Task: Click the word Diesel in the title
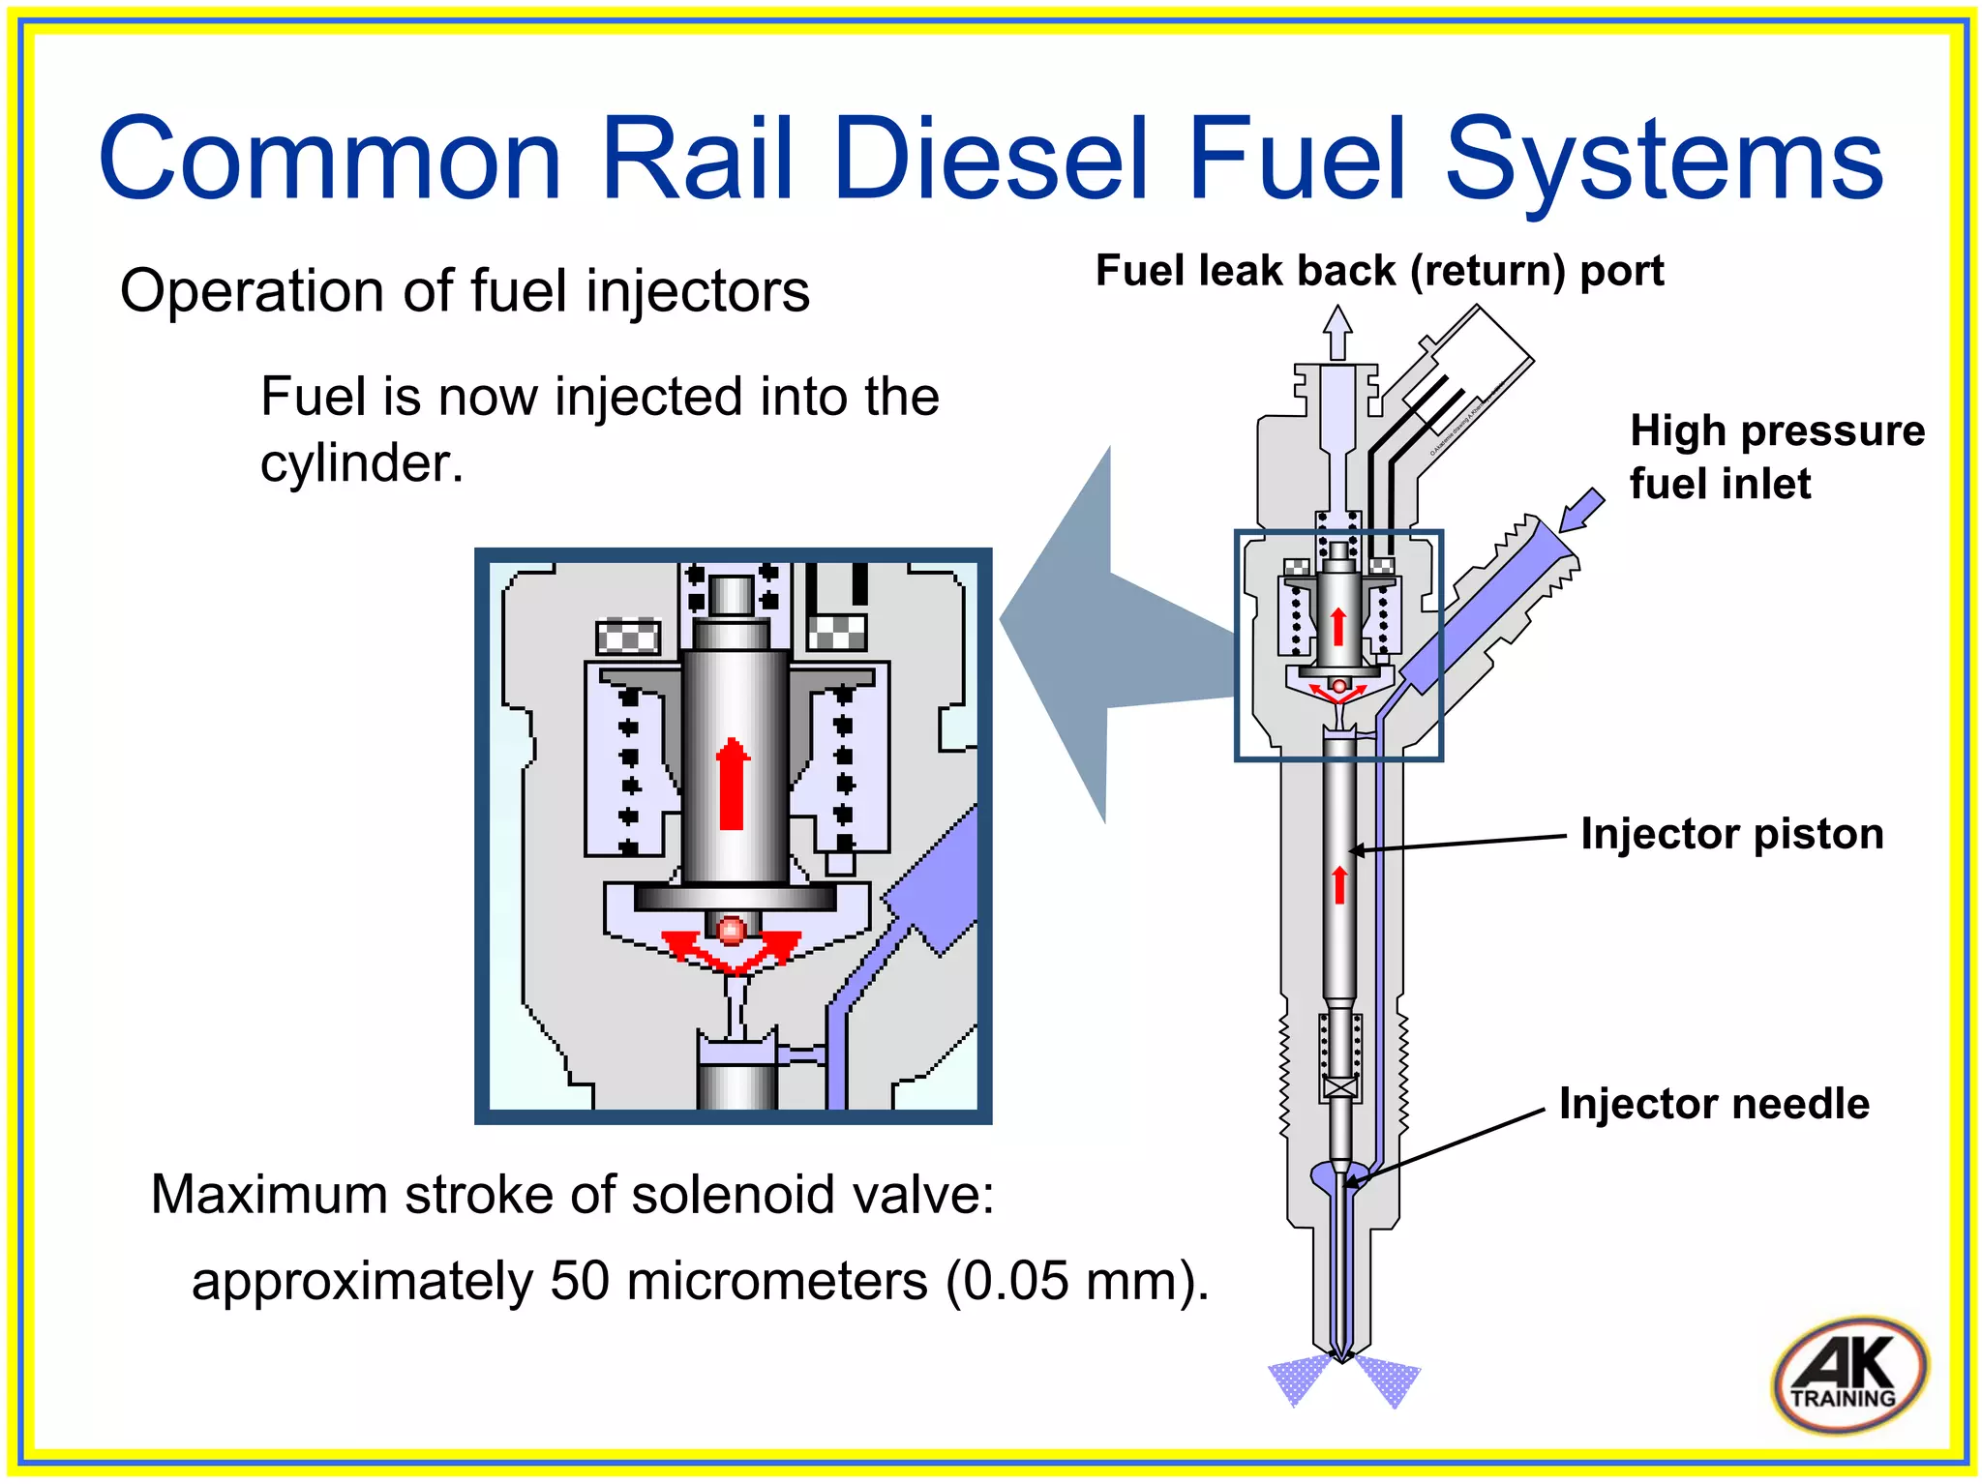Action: pos(990,160)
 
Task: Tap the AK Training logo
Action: pos(1849,1375)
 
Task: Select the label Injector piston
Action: pos(1731,834)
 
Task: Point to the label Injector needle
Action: pos(1713,1104)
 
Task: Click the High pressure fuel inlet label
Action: pos(1776,457)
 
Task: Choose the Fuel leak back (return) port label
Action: pos(1379,271)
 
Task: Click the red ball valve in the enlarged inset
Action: pos(732,931)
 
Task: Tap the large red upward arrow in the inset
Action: pos(733,785)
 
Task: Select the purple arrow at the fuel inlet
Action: pos(1580,509)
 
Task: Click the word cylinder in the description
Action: pos(361,463)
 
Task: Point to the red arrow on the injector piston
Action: pos(1339,884)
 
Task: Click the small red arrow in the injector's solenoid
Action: pos(1338,626)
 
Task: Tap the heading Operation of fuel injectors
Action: pos(465,291)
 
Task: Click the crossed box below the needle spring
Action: pos(1340,1088)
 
